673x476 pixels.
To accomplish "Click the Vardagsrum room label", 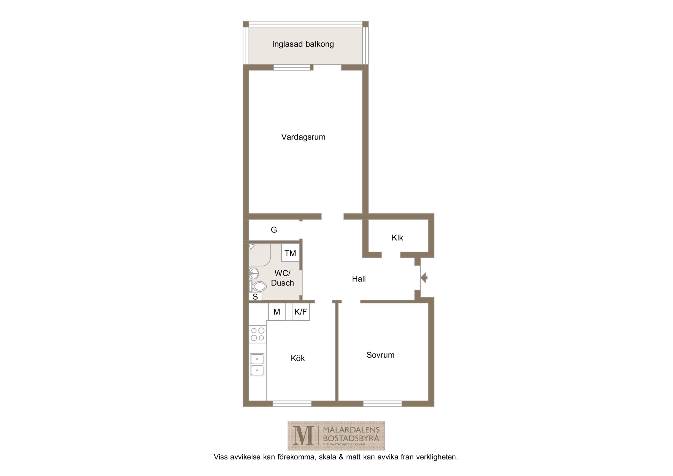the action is pyautogui.click(x=303, y=137).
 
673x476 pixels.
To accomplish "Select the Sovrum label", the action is pyautogui.click(x=380, y=355).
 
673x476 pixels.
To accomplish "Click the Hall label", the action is pyautogui.click(x=359, y=279).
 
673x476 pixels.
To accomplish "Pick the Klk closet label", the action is pyautogui.click(x=397, y=238).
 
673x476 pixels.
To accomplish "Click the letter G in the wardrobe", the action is pyautogui.click(x=274, y=230).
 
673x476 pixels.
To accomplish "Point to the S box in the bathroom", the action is pyautogui.click(x=255, y=297).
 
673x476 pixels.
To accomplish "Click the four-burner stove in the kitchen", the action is pyautogui.click(x=258, y=334).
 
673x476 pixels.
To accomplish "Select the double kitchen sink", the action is pyautogui.click(x=257, y=365).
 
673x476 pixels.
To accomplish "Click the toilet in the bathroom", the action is pyautogui.click(x=258, y=286).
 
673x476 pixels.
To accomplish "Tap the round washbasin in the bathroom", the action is pyautogui.click(x=254, y=273).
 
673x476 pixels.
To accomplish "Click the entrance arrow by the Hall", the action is pyautogui.click(x=424, y=278).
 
